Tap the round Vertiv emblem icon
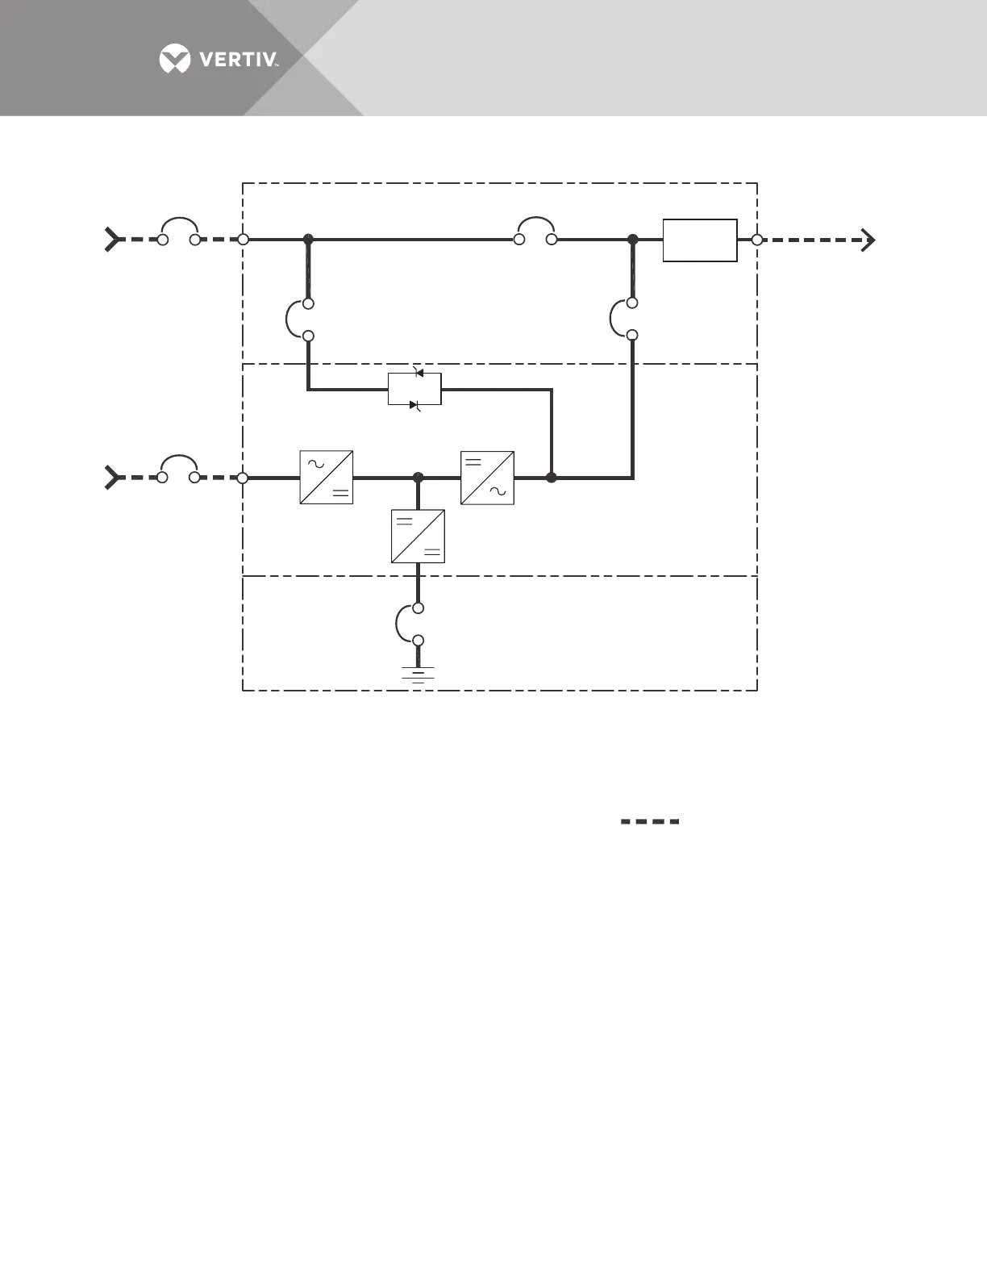(x=175, y=60)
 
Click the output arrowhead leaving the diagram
(x=868, y=240)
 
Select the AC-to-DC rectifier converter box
(x=326, y=478)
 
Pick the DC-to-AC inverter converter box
(x=487, y=478)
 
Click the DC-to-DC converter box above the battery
(x=418, y=536)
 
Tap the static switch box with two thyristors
(x=414, y=390)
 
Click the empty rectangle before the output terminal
(x=700, y=240)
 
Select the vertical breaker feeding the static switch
(x=298, y=319)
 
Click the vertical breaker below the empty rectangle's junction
(x=623, y=319)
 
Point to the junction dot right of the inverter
(x=552, y=478)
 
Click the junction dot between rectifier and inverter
(x=418, y=478)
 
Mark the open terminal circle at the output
(x=756, y=240)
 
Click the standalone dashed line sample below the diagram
(x=650, y=821)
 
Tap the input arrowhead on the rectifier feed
(x=112, y=478)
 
